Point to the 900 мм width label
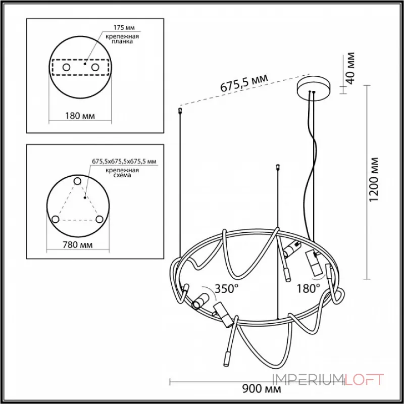[x=261, y=389]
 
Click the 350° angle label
[x=227, y=289]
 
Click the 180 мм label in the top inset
[x=80, y=116]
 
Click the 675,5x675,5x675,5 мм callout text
[x=124, y=161]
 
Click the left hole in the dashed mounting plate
[x=67, y=67]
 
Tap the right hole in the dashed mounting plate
[x=94, y=67]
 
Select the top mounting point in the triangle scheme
[x=77, y=181]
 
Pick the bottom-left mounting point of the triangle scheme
[x=56, y=219]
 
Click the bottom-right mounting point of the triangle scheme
[x=99, y=219]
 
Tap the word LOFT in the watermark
[x=365, y=379]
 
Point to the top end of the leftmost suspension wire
[x=180, y=109]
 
